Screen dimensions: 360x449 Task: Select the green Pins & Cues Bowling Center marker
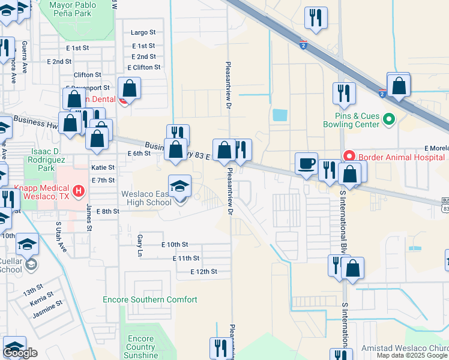pos(388,119)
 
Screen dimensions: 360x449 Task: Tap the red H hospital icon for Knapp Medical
pos(77,192)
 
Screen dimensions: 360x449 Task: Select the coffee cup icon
pos(307,163)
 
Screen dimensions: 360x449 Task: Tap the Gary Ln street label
pos(139,242)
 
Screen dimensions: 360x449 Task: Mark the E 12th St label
pos(203,272)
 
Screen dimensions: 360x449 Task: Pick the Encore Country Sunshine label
pos(141,347)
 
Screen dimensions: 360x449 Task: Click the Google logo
pos(20,353)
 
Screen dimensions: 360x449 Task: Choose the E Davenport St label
pos(88,88)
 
